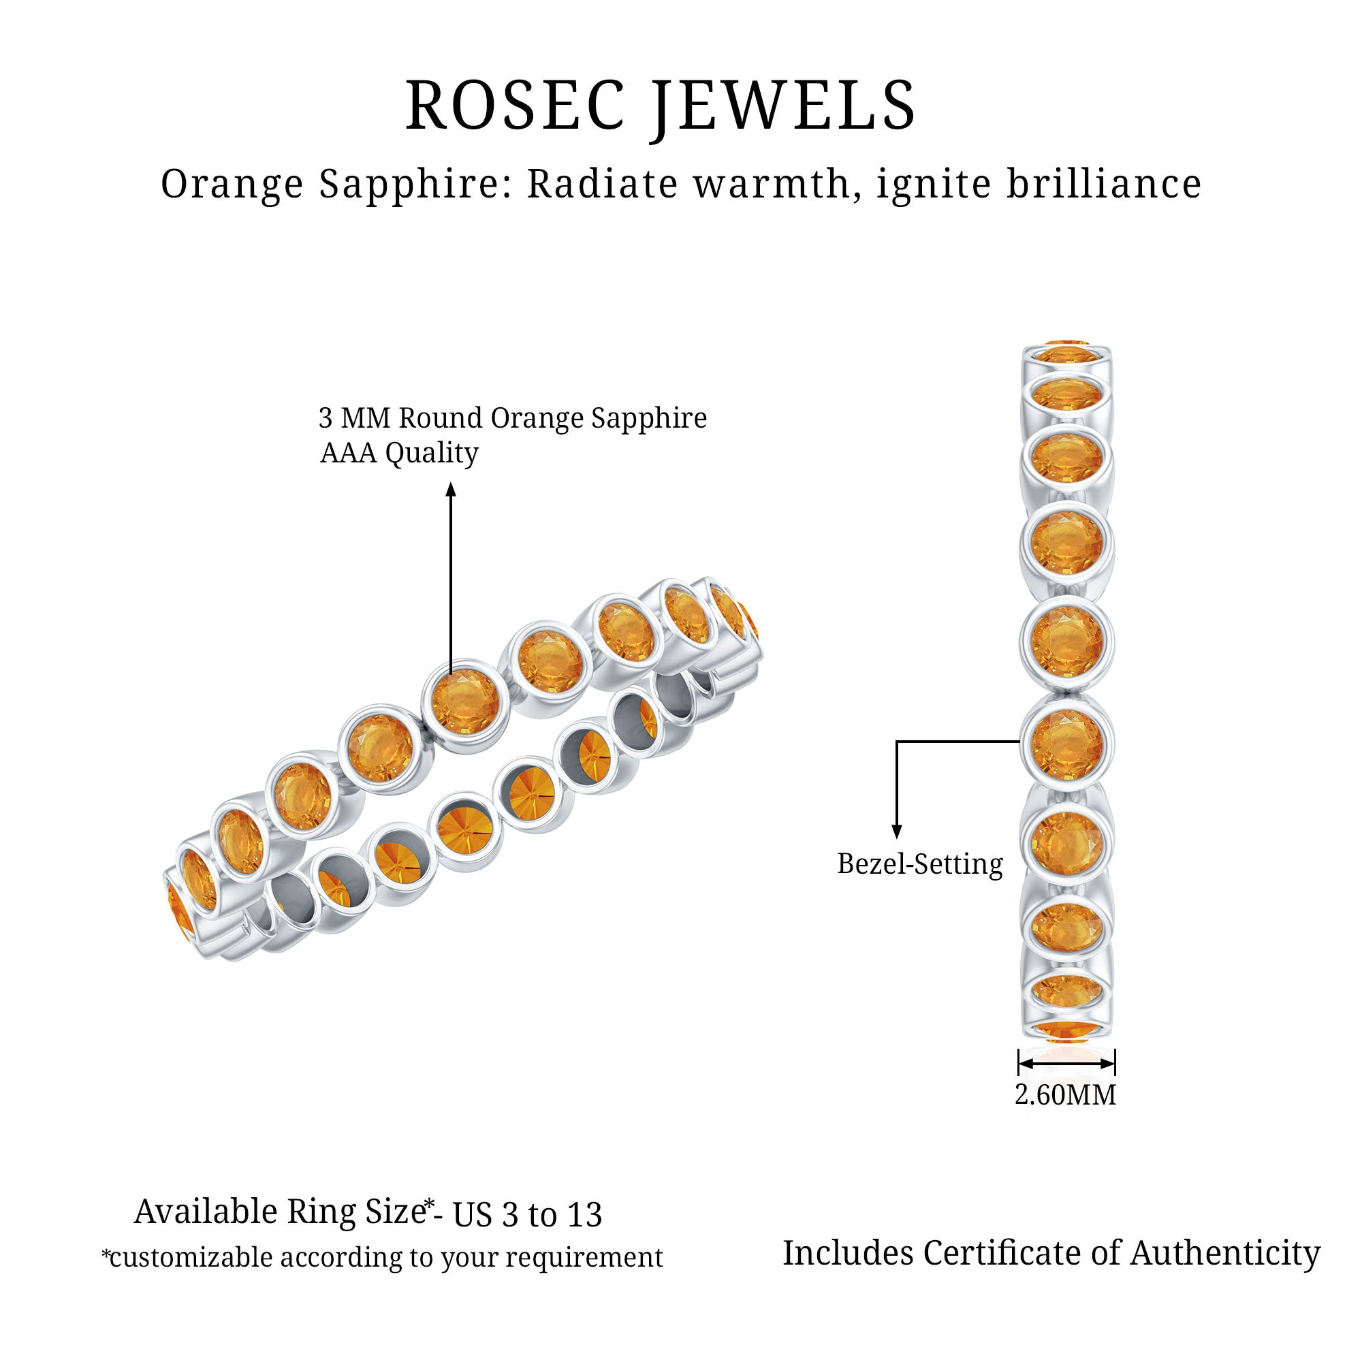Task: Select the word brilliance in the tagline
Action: click(x=1104, y=184)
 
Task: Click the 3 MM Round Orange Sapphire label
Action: click(x=513, y=418)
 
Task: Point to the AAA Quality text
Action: click(x=399, y=454)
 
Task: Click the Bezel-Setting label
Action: click(x=919, y=864)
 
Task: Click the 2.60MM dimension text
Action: click(x=1065, y=1095)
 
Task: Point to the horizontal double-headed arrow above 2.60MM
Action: click(x=1066, y=1062)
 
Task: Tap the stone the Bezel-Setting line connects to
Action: click(x=1066, y=744)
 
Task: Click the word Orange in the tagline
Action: click(x=232, y=185)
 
